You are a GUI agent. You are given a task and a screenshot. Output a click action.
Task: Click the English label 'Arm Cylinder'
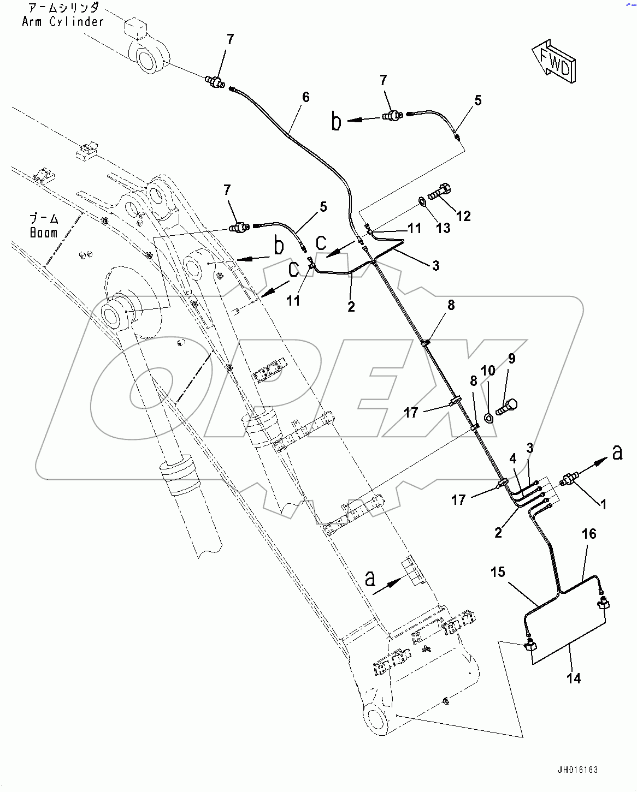[x=63, y=22]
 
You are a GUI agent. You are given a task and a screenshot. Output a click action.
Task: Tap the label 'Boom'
[x=44, y=233]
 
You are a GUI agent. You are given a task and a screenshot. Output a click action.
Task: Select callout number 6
[x=306, y=97]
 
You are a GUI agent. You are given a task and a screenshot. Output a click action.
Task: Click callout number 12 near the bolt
[x=463, y=216]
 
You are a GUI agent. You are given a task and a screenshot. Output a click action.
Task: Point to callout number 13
[x=443, y=228]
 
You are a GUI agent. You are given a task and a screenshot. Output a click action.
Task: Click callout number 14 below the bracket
[x=574, y=678]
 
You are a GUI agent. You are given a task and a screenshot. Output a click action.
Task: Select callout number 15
[x=498, y=573]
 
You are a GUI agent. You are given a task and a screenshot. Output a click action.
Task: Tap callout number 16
[x=589, y=534]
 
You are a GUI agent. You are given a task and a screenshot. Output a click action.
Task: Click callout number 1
[x=604, y=504]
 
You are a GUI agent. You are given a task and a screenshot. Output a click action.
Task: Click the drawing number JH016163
[x=577, y=770]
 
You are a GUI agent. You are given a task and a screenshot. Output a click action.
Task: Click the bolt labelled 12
[x=439, y=193]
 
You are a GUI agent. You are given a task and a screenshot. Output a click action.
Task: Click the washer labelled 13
[x=422, y=203]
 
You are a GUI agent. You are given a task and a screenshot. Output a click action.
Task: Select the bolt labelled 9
[x=506, y=407]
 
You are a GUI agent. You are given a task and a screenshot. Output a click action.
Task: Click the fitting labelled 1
[x=570, y=480]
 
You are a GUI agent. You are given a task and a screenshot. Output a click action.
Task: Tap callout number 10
[x=488, y=371]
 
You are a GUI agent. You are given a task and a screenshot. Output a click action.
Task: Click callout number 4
[x=513, y=458]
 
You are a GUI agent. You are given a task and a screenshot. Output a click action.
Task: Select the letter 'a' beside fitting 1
[x=617, y=452]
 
